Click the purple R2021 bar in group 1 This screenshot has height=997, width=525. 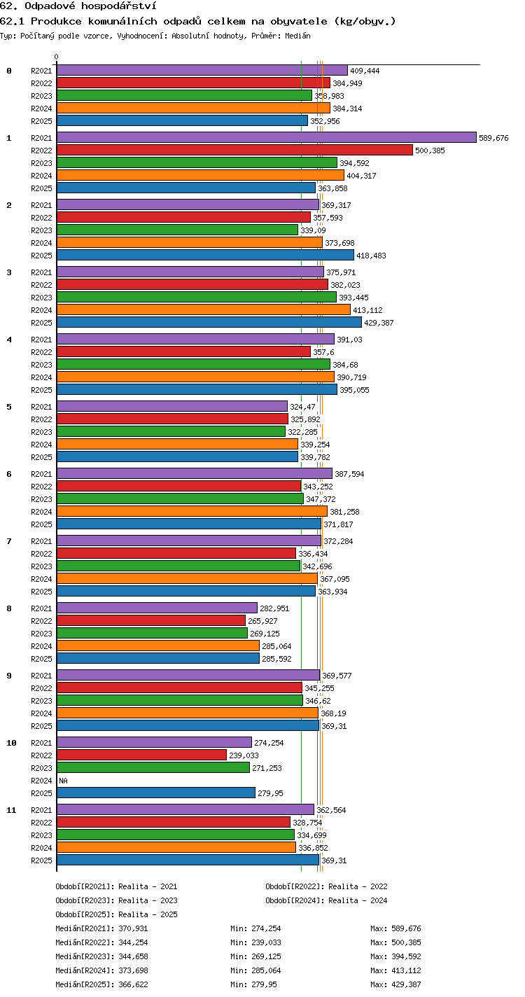click(x=267, y=137)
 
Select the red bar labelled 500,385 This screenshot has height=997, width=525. click(x=235, y=150)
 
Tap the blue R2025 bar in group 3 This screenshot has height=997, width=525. click(x=209, y=322)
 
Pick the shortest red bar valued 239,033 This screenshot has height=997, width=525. click(x=142, y=755)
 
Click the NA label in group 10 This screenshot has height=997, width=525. click(x=63, y=780)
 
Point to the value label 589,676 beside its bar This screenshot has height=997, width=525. click(x=493, y=138)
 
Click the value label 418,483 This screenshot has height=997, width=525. click(x=371, y=256)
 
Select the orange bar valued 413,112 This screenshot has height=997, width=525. click(x=204, y=309)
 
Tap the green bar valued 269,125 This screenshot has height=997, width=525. click(x=152, y=633)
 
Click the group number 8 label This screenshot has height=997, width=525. click(x=9, y=608)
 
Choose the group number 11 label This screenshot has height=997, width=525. click(x=11, y=810)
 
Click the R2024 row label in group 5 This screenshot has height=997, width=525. click(x=41, y=445)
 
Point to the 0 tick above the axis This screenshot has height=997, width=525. click(x=57, y=57)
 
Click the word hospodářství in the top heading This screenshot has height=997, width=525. click(x=119, y=6)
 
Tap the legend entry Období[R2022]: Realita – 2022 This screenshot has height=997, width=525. click(x=327, y=886)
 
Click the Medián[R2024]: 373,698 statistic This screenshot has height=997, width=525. click(x=101, y=970)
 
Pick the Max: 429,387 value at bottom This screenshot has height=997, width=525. click(x=395, y=984)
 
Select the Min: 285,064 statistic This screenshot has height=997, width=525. click(x=255, y=970)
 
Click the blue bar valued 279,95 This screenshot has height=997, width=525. click(x=156, y=793)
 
